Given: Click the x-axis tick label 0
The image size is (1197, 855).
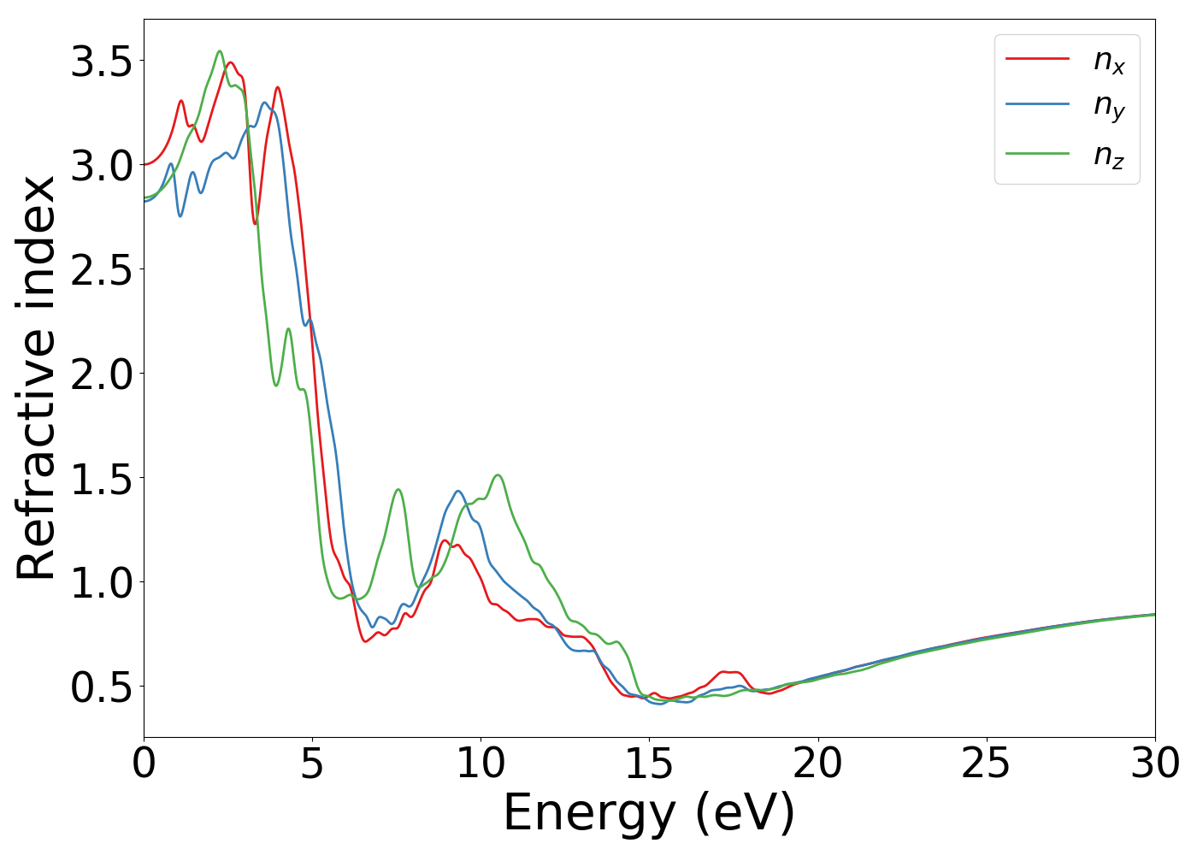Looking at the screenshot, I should point(144,764).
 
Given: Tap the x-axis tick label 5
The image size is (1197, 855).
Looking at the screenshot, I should point(312,764).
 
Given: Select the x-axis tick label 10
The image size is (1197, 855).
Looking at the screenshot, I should point(481,764).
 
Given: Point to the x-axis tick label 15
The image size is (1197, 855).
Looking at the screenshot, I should point(649,764).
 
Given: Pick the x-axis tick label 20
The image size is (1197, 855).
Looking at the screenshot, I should point(818,764).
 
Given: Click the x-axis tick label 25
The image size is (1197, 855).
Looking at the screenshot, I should point(987,764).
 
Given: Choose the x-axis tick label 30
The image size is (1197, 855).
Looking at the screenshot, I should point(1155,764).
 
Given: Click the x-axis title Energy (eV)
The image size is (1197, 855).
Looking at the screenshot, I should point(649,813).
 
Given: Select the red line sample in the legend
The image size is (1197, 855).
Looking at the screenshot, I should point(1037,59).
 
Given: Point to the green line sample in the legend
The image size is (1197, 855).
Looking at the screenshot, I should point(1037,154).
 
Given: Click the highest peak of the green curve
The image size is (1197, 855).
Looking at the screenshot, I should point(220,51).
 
